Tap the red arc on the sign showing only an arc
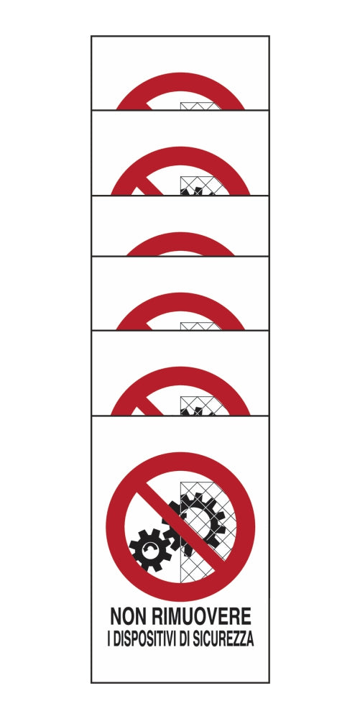tap(180, 241)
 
